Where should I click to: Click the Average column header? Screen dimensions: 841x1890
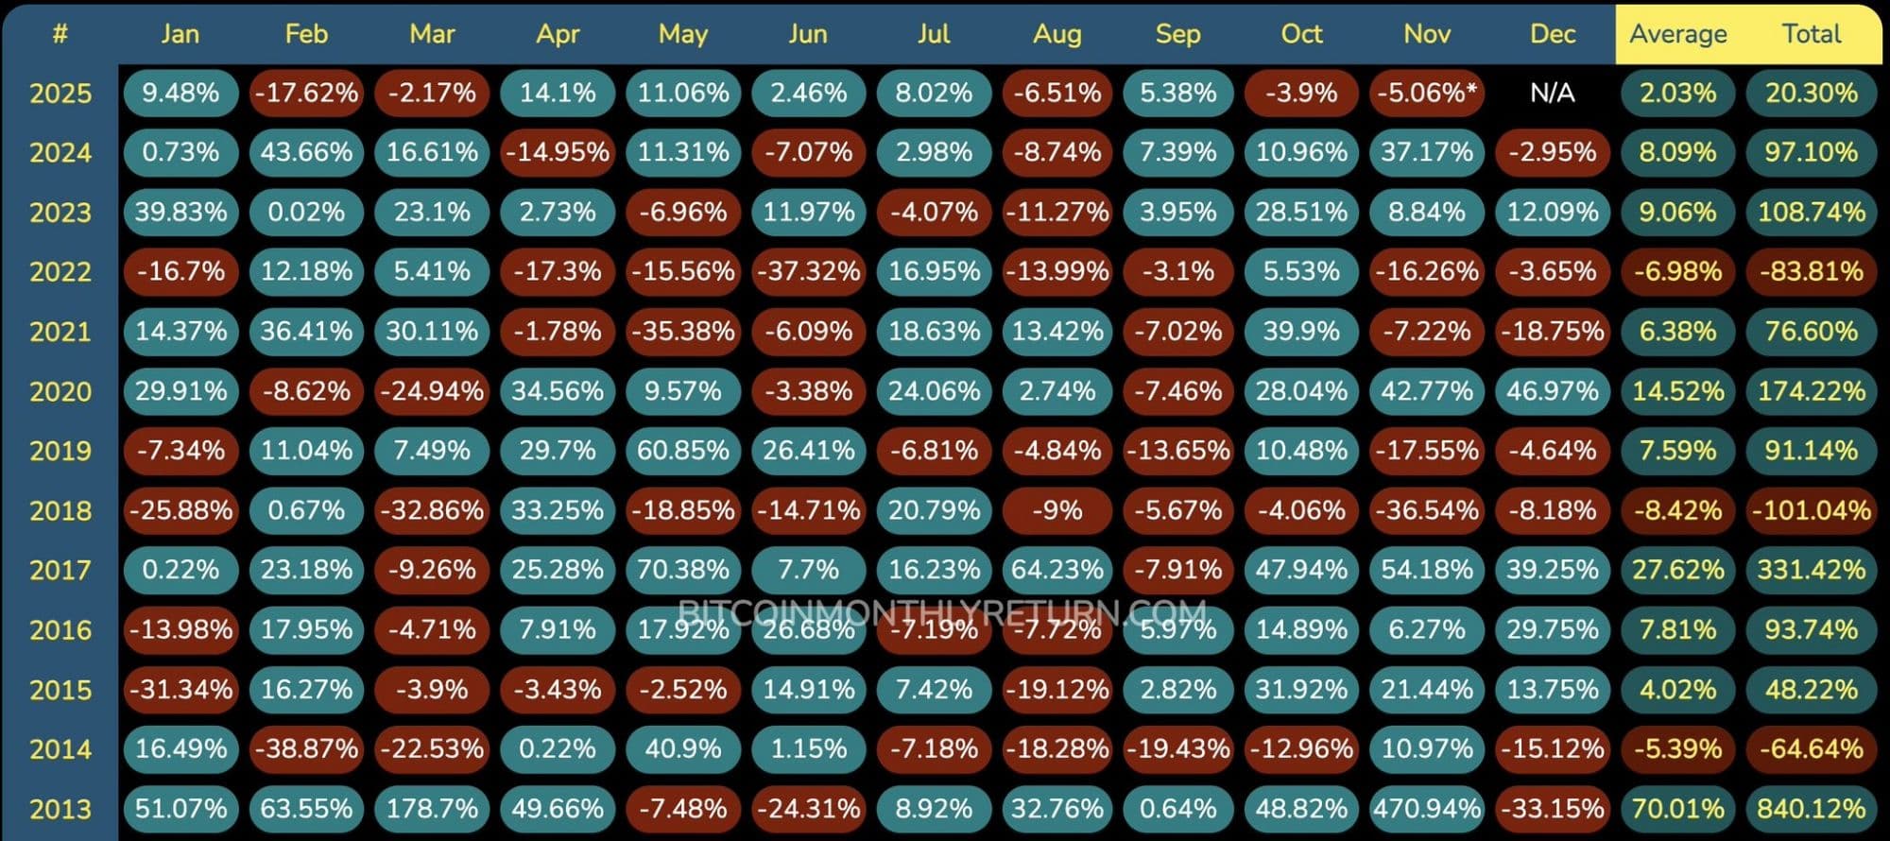pos(1677,34)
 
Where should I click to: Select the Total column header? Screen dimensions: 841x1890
pos(1812,34)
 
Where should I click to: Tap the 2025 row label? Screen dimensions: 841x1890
pos(60,93)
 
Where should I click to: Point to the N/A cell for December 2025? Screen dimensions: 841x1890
pos(1552,93)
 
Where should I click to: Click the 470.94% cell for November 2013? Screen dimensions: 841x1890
pos(1426,809)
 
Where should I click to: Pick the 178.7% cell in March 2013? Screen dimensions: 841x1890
pos(432,809)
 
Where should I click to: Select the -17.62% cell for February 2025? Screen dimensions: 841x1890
pos(306,93)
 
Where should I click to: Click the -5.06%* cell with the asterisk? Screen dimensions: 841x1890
pos(1426,93)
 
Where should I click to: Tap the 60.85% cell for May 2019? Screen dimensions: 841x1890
pos(683,451)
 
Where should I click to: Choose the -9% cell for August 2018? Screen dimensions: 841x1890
pos(1057,510)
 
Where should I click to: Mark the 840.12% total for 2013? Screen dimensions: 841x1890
pos(1812,809)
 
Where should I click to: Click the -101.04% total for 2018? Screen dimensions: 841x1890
pos(1812,510)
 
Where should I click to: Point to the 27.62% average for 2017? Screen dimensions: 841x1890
pos(1677,570)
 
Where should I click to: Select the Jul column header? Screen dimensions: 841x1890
pos(933,34)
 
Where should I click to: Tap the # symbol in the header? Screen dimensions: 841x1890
pos(60,34)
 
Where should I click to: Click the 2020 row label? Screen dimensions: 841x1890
pos(60,391)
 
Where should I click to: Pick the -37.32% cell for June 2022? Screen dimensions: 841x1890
pos(808,272)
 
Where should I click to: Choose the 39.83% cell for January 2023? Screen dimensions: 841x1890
pos(180,212)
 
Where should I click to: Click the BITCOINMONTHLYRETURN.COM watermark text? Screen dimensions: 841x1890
pos(942,612)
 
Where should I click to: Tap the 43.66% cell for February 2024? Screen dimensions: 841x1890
pos(306,152)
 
